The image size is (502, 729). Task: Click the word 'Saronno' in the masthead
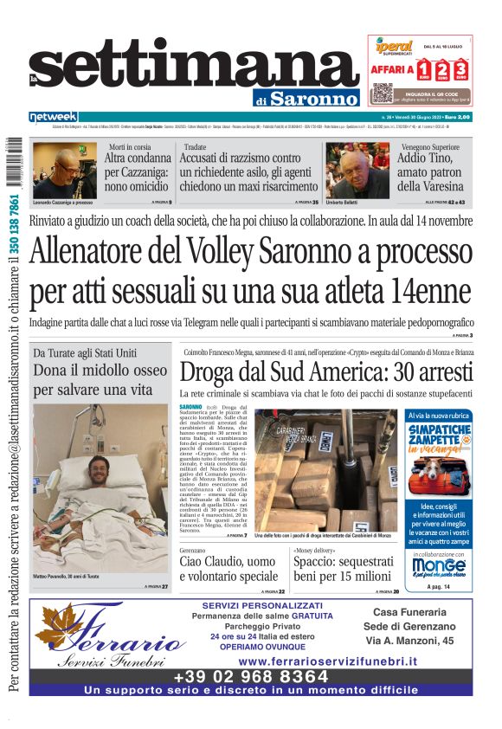pos(313,98)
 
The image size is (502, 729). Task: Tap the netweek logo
pos(54,116)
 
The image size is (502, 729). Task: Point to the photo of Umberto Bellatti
pos(357,170)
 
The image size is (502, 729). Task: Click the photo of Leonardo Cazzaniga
pos(64,170)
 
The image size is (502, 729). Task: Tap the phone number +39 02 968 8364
pos(251,676)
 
